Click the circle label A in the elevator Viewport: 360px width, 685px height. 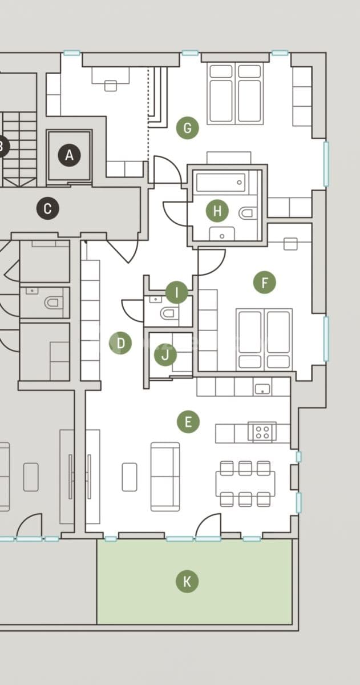(x=70, y=155)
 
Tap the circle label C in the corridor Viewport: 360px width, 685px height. (x=47, y=208)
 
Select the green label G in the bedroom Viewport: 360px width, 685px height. (x=187, y=128)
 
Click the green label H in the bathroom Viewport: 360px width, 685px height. (x=217, y=211)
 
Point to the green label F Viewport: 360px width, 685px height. (x=264, y=282)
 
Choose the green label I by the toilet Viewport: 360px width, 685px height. (x=177, y=293)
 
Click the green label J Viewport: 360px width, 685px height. (x=165, y=356)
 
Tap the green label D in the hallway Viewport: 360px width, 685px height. (x=120, y=343)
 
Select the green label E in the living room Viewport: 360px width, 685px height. (x=188, y=422)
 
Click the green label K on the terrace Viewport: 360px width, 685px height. (x=187, y=582)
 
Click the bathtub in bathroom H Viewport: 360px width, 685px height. (x=221, y=183)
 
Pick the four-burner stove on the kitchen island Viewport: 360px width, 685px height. (x=262, y=432)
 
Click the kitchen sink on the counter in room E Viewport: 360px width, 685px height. (x=262, y=389)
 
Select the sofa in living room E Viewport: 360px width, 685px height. (x=165, y=476)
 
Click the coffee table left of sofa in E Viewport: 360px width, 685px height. (x=130, y=477)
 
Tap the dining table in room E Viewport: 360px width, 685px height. (x=245, y=483)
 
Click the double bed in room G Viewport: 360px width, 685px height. (x=235, y=94)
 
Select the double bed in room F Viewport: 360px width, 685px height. (x=264, y=339)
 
